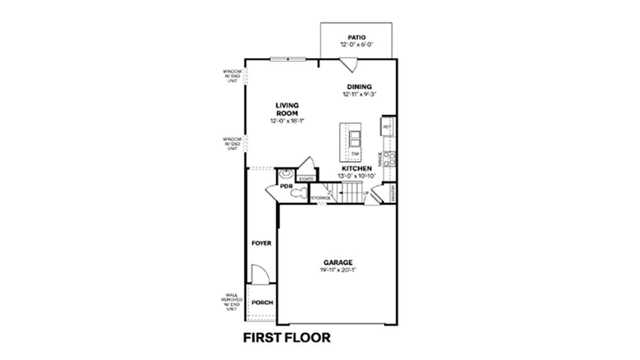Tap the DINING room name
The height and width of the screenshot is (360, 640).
(x=359, y=87)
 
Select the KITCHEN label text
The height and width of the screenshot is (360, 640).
(x=356, y=169)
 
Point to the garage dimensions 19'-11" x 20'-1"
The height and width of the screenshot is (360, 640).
(x=338, y=270)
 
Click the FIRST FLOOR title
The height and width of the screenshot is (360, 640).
(x=286, y=338)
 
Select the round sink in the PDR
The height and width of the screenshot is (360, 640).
(x=286, y=174)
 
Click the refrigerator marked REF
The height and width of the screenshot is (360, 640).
(x=387, y=127)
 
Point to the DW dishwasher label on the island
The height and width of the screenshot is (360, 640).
(x=355, y=154)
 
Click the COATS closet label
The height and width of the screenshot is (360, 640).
(x=306, y=178)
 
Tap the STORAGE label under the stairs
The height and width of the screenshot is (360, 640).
(x=321, y=198)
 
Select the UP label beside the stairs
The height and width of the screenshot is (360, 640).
(x=366, y=192)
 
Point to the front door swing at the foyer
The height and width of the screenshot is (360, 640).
(x=260, y=274)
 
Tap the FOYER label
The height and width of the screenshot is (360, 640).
(x=261, y=244)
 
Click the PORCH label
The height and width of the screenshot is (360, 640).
(x=262, y=303)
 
